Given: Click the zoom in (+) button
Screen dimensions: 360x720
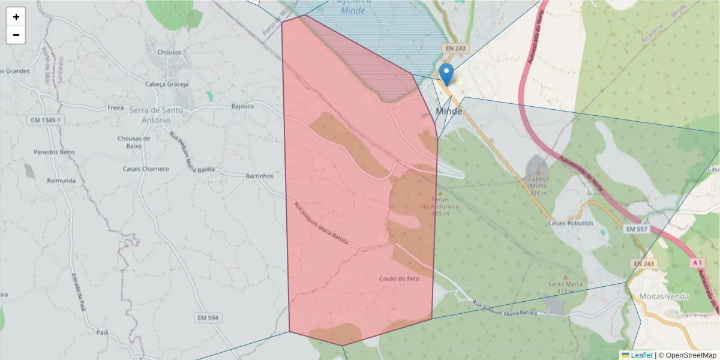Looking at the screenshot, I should tap(16, 17).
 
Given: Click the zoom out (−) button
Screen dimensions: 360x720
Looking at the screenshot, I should tap(16, 35).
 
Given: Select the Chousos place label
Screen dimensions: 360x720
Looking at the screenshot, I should tap(169, 52).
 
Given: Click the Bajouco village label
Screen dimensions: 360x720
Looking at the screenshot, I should tap(242, 106).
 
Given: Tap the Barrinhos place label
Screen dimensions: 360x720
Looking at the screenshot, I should tap(260, 176).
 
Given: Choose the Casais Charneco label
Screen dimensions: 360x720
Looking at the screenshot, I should tap(146, 169).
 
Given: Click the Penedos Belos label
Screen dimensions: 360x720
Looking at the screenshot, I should tap(55, 152).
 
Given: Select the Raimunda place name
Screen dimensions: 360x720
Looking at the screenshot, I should tap(61, 181).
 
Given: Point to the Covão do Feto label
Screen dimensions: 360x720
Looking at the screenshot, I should tap(399, 279).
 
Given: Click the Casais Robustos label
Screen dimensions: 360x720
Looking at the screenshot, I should tap(570, 223).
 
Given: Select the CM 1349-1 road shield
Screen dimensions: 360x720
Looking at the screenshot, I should tap(46, 121).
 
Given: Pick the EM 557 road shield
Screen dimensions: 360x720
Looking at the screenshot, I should tap(637, 230).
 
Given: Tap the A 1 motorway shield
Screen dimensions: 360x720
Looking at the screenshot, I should tap(697, 263).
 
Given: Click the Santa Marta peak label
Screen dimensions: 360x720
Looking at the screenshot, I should tap(562, 284).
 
